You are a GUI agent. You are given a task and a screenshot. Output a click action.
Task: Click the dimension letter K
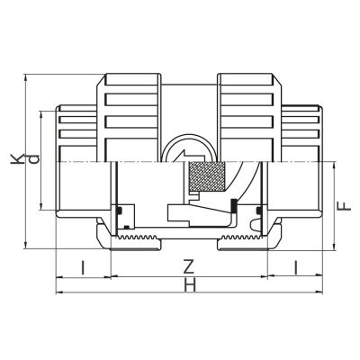coord(17,159)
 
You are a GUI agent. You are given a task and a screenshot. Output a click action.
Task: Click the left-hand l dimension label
coord(82,266)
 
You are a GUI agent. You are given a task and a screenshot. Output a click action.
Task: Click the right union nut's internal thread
coord(243,240)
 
